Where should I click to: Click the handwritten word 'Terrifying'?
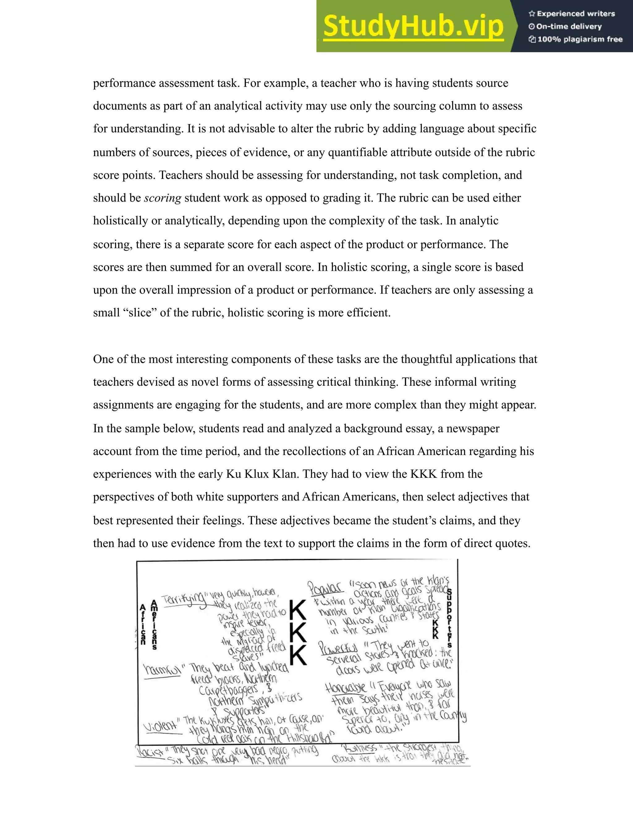pyautogui.click(x=184, y=599)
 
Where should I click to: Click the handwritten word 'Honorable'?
pyautogui.click(x=345, y=687)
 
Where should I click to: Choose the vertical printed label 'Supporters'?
pyautogui.click(x=450, y=618)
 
